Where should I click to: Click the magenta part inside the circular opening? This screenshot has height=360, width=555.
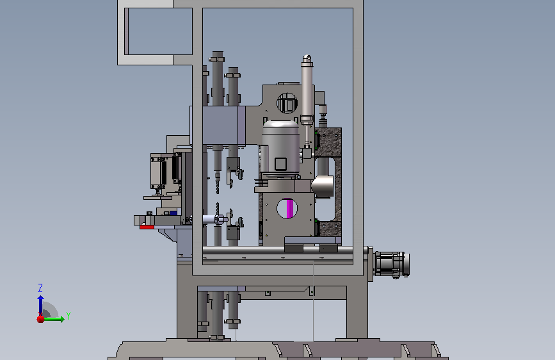pos(290,208)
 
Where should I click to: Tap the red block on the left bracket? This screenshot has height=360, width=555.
pos(147,227)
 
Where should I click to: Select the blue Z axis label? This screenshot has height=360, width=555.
pos(40,288)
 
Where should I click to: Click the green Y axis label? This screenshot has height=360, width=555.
pos(68,315)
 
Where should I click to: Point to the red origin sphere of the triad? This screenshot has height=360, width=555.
pos(41,319)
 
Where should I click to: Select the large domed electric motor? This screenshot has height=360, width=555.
pos(280,148)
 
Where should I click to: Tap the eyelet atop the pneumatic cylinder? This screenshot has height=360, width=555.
pos(307,59)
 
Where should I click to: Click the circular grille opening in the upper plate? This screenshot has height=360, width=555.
pos(287,102)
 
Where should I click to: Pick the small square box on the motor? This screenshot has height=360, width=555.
pos(280,164)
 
